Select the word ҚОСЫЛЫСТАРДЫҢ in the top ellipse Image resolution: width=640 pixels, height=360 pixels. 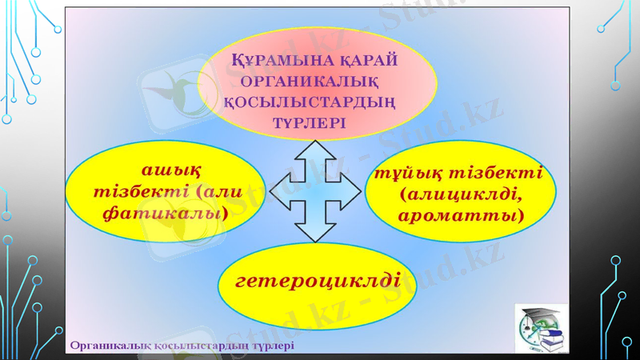[x=320, y=102]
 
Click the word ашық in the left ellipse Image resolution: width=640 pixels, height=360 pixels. [x=170, y=170]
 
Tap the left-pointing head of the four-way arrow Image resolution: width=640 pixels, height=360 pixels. [x=279, y=190]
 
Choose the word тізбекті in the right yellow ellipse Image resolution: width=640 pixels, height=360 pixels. [x=497, y=174]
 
